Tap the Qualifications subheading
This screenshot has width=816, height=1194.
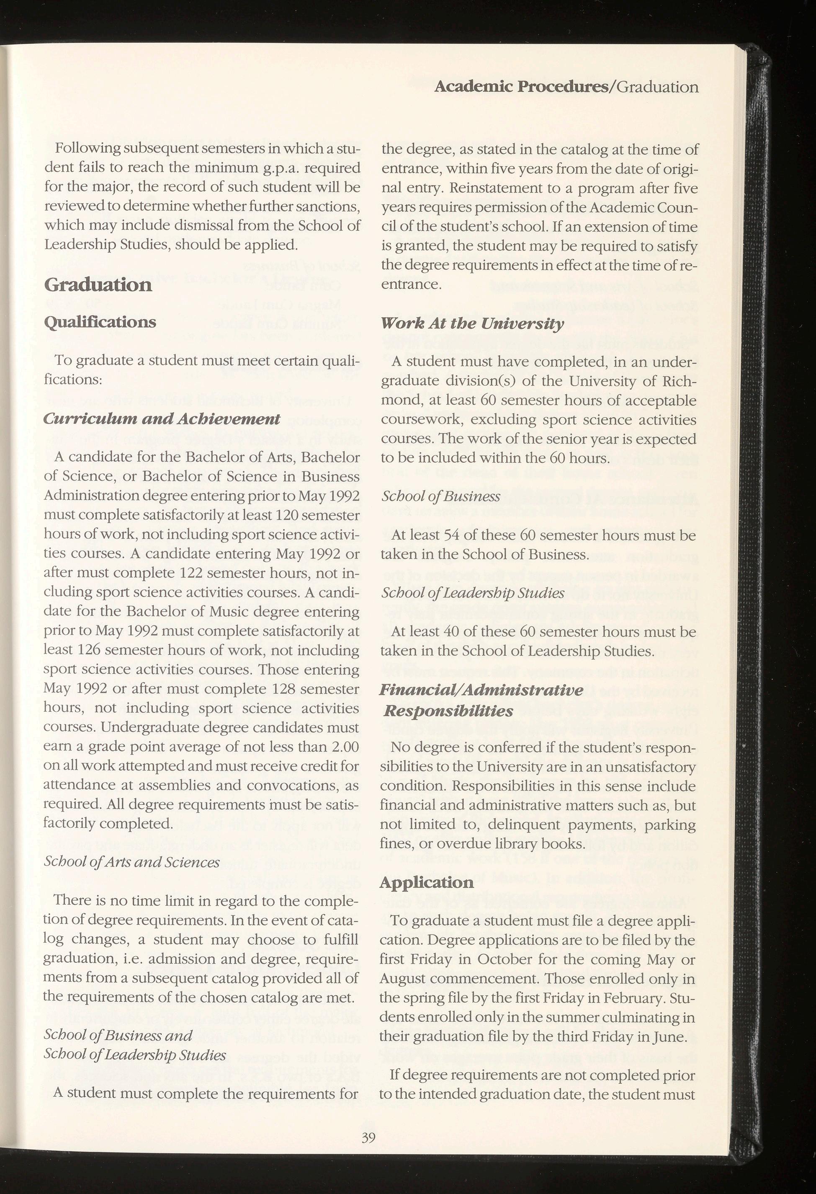100,322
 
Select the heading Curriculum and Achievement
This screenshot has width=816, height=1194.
162,419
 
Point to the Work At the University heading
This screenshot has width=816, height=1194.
472,324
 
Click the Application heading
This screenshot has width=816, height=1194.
427,882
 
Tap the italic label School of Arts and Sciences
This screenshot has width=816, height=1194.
132,862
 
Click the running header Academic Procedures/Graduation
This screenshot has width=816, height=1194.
566,87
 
